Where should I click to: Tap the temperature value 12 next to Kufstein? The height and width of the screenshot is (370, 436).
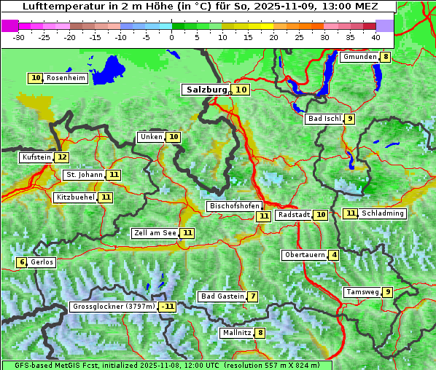[x=62, y=157]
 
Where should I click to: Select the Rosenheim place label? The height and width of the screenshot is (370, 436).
[x=66, y=78]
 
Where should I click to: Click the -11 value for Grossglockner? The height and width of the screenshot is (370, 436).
[x=168, y=307]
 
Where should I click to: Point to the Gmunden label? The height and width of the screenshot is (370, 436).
[x=359, y=57]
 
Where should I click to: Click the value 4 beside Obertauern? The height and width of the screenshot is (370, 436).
[x=333, y=255]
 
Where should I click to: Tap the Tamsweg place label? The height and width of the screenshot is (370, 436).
[x=362, y=292]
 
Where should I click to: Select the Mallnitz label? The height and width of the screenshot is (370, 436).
[x=236, y=333]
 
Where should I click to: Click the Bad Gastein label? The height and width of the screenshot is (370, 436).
[x=222, y=296]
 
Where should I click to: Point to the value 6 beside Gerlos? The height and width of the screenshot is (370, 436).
[x=22, y=262]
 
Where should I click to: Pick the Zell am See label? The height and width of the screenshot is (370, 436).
[x=155, y=233]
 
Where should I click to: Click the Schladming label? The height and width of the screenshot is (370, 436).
[x=383, y=213]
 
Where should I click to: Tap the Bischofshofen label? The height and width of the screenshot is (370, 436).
[x=233, y=207]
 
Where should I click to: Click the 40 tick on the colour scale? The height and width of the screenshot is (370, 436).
[x=375, y=36]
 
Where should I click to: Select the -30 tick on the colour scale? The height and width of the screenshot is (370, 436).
[x=19, y=36]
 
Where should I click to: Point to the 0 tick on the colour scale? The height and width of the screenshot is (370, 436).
[x=171, y=36]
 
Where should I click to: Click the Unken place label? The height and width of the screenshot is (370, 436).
[x=151, y=137]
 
